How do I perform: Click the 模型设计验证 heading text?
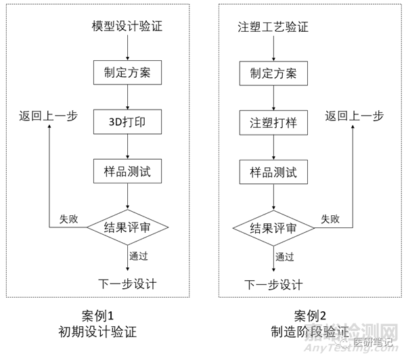(x=127, y=28)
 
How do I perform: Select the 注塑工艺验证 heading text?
(x=273, y=28)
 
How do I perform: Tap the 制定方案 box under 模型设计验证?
(x=128, y=72)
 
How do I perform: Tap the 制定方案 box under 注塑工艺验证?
(x=273, y=72)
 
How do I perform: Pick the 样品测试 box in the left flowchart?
(x=128, y=172)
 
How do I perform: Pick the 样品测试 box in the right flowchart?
(x=273, y=172)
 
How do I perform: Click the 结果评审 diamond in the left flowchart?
(x=128, y=227)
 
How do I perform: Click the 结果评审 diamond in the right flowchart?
(x=273, y=227)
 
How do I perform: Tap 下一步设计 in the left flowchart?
(x=127, y=284)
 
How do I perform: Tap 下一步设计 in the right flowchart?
(x=273, y=284)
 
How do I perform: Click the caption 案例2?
(x=311, y=316)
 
